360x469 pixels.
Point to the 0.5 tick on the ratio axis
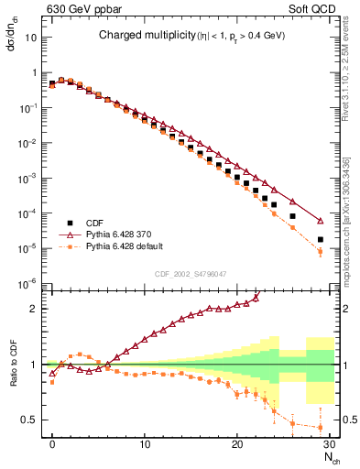34,420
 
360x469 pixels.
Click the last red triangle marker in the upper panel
321,221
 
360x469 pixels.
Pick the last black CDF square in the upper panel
321,240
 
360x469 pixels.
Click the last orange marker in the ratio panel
321,427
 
